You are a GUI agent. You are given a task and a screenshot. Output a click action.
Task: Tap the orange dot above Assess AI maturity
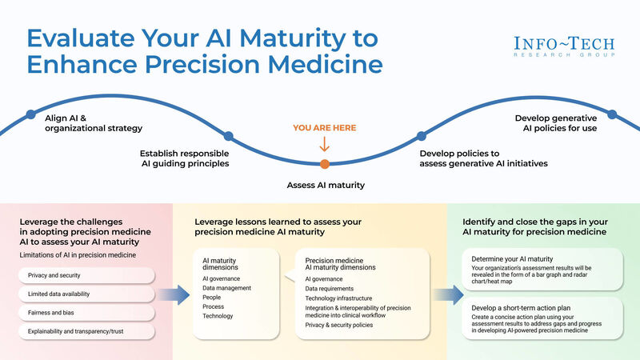click(x=324, y=164)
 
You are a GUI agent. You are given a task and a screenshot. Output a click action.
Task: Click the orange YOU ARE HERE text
click(x=324, y=128)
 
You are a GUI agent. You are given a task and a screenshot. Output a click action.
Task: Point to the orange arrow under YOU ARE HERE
click(x=324, y=145)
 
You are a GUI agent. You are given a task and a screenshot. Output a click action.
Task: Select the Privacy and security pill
click(x=84, y=275)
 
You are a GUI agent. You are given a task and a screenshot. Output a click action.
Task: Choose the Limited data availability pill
click(x=84, y=294)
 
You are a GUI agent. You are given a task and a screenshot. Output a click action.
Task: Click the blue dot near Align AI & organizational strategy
click(x=30, y=114)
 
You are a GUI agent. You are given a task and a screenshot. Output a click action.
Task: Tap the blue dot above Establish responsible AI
click(x=228, y=137)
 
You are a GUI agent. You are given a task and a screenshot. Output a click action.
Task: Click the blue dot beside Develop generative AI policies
click(x=612, y=114)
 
